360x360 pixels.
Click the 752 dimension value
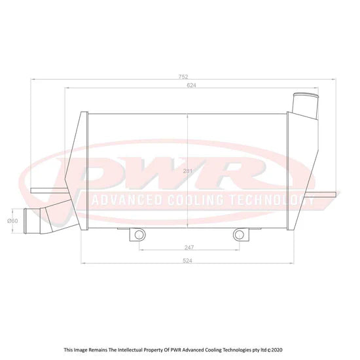coord(183,77)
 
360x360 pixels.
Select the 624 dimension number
coord(192,85)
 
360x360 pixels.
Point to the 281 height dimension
coord(188,171)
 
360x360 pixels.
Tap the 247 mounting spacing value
coord(189,247)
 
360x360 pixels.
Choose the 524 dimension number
coord(188,261)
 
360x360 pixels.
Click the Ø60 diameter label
coord(12,221)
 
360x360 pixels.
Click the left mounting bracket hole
coord(139,235)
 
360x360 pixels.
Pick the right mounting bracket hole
coord(239,235)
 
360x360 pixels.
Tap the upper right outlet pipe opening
coord(306,96)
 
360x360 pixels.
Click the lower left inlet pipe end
coord(26,221)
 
